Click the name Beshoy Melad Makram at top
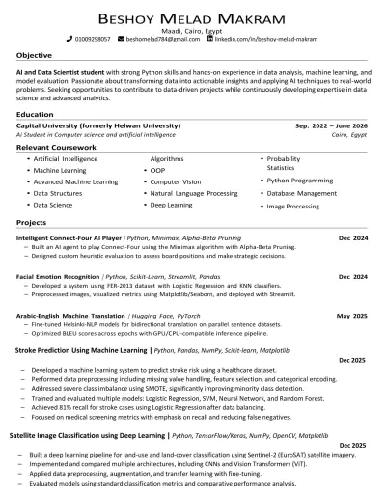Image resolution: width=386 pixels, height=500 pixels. coord(193,18)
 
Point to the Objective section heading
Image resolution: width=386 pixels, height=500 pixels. coord(35,55)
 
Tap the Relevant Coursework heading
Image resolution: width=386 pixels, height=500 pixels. coord(55,146)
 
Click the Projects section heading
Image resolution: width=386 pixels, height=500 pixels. coord(32,222)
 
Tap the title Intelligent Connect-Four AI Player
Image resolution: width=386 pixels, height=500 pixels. coord(69,237)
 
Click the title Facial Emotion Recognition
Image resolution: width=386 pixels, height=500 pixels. coord(59,277)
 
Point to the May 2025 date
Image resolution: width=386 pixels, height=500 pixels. coord(351,316)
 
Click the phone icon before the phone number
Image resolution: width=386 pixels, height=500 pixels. coord(69,40)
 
